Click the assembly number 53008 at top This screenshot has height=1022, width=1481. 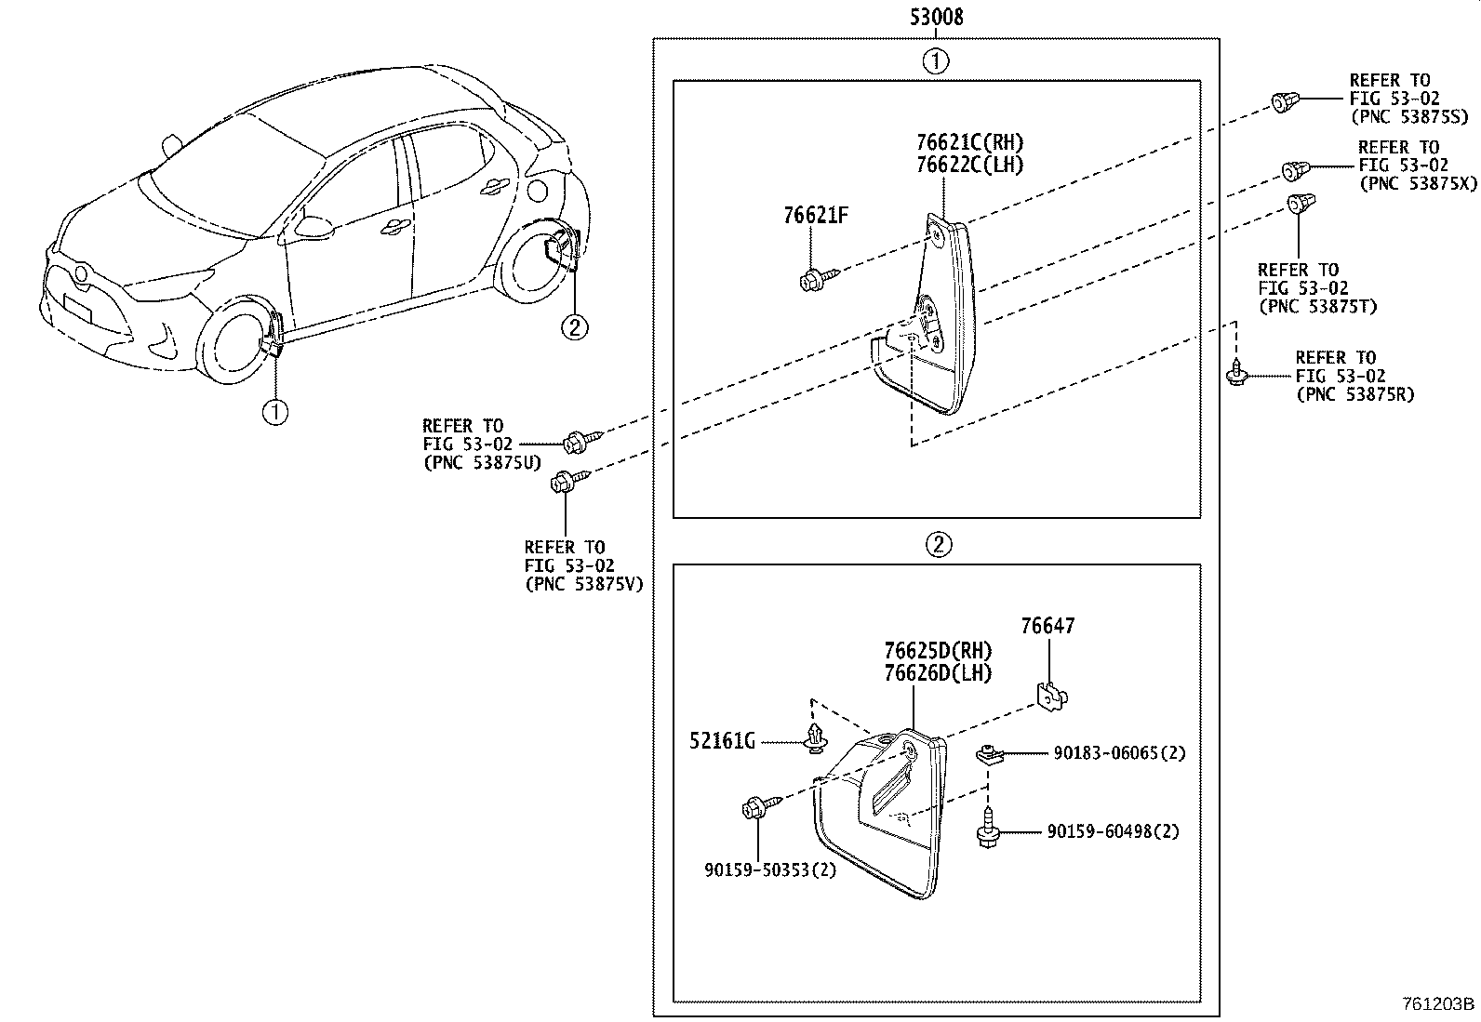935,16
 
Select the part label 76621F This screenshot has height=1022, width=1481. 815,216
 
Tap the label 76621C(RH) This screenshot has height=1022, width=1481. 969,142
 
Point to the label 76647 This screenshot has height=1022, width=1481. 1047,626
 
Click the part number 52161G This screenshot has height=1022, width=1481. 721,741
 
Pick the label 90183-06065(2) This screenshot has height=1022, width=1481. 1119,753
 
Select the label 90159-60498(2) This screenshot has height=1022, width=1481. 1113,831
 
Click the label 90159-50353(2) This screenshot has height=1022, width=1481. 770,870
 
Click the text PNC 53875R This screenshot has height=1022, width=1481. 1354,393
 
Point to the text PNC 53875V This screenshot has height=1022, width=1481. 583,583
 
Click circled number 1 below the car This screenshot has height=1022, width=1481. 275,411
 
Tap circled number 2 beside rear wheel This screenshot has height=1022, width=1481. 574,327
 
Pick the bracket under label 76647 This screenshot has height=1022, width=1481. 1051,694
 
